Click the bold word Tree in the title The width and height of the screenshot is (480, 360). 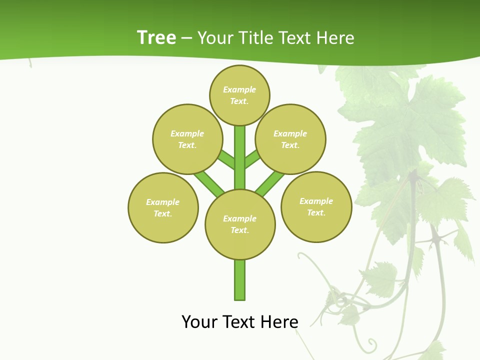point(156,37)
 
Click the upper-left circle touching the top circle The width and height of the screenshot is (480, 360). point(187,139)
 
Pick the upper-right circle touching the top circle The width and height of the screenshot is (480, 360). point(290,139)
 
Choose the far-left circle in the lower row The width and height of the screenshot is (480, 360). point(163,207)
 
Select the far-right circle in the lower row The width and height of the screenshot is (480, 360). point(316,206)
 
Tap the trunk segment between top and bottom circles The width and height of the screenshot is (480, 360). point(240,157)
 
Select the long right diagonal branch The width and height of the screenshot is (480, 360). point(270,182)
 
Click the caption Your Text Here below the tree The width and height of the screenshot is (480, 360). point(240,321)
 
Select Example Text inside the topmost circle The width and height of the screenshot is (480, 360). point(239,95)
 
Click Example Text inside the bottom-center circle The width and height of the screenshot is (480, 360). point(240,224)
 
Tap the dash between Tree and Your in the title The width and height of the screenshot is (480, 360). point(186,38)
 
